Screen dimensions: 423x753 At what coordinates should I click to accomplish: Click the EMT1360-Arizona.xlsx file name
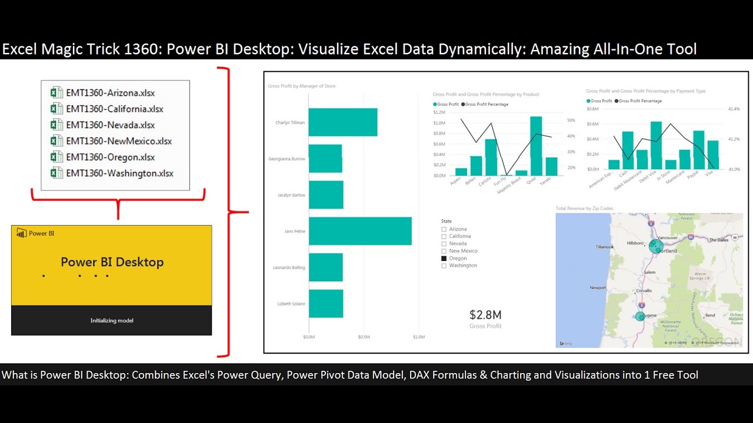[110, 93]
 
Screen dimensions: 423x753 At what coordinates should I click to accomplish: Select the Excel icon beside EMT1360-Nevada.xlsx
[56, 125]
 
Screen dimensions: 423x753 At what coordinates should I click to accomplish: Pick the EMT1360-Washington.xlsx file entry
[119, 173]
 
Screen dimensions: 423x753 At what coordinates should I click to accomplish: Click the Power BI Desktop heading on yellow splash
[112, 262]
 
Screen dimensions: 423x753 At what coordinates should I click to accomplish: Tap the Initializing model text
[112, 321]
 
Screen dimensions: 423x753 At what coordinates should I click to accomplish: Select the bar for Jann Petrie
[360, 231]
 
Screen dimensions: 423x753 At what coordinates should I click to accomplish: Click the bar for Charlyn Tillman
[343, 122]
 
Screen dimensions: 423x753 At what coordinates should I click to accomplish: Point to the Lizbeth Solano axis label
[291, 304]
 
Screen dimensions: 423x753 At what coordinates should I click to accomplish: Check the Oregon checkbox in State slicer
[444, 258]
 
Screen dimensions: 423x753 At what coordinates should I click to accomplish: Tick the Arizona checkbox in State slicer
[444, 229]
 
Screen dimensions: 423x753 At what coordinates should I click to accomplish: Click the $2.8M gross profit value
[485, 315]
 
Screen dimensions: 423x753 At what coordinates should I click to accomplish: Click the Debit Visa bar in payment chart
[656, 145]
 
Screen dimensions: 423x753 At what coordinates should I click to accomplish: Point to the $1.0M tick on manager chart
[418, 337]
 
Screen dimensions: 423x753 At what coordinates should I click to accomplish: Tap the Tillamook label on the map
[604, 247]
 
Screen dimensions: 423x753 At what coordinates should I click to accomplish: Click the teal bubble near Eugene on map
[641, 316]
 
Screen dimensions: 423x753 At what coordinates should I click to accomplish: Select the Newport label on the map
[598, 288]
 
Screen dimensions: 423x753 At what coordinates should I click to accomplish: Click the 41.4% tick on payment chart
[734, 109]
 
